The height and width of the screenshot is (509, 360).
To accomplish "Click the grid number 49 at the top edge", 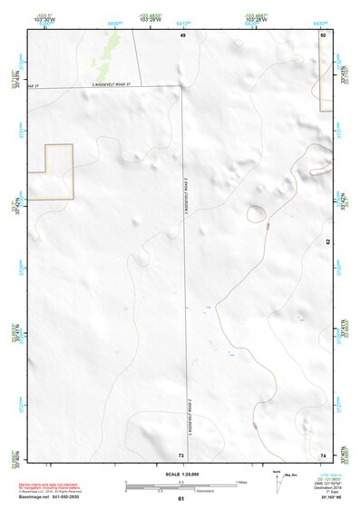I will [182, 34].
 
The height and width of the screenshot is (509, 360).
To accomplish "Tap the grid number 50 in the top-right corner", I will [323, 34].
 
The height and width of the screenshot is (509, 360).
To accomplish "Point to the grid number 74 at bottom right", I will [324, 454].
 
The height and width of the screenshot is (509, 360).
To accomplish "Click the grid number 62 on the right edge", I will [327, 242].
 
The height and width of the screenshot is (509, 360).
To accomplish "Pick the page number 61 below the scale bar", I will [181, 499].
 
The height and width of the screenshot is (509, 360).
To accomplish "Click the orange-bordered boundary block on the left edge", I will [50, 171].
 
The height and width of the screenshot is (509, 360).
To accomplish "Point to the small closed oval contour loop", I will [257, 215].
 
